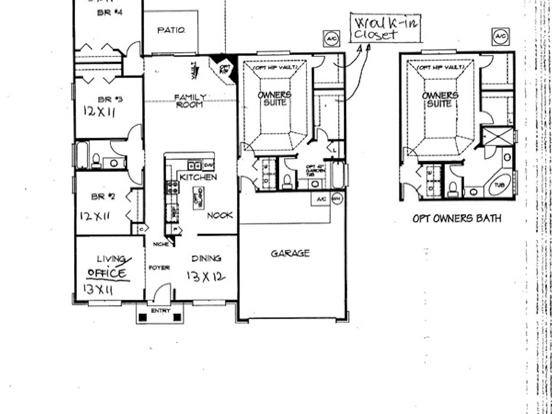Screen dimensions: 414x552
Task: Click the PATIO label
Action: click(x=171, y=30)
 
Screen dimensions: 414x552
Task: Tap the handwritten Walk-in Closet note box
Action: click(x=386, y=28)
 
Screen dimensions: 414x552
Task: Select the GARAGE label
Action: click(x=290, y=253)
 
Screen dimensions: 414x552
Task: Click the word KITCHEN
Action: click(x=198, y=177)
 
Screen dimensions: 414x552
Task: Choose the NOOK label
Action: click(x=220, y=215)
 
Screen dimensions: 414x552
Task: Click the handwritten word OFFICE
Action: click(x=107, y=273)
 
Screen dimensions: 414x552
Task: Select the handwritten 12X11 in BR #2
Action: click(x=95, y=216)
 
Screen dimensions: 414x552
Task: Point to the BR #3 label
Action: click(x=110, y=99)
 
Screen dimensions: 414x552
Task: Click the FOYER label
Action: click(x=159, y=268)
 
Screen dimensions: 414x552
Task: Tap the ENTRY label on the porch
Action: click(x=160, y=311)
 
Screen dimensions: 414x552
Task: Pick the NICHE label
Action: click(x=161, y=244)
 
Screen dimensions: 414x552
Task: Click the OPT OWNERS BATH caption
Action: click(x=456, y=218)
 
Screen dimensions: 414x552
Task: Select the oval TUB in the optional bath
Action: click(x=500, y=185)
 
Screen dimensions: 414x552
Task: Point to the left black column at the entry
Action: click(x=143, y=317)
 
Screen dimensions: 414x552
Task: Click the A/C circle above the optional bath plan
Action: click(x=500, y=36)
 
